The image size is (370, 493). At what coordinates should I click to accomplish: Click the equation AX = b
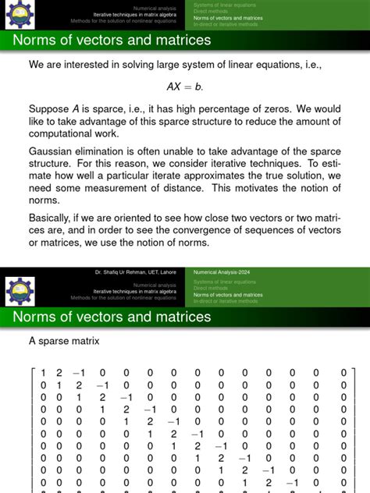click(185, 87)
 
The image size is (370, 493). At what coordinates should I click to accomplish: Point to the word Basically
click(55, 220)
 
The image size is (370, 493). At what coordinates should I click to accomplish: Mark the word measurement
click(132, 192)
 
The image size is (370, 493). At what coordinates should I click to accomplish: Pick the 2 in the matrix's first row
click(59, 373)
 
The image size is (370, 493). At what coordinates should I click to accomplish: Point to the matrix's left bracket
click(32, 429)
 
